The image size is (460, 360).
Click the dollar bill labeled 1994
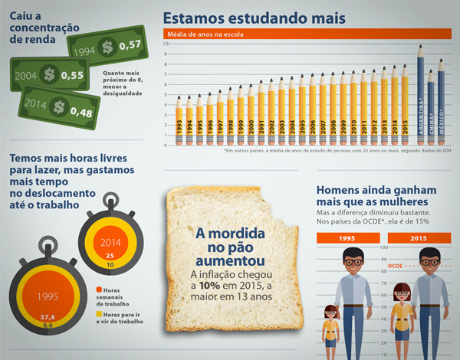[x=107, y=47]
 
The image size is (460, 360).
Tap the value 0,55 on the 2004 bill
[x=72, y=75]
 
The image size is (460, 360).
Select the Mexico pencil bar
[x=441, y=100]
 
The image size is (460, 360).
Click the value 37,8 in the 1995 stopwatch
[x=48, y=316]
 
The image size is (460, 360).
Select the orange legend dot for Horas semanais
[x=99, y=290]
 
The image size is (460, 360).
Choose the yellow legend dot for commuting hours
[x=99, y=313]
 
